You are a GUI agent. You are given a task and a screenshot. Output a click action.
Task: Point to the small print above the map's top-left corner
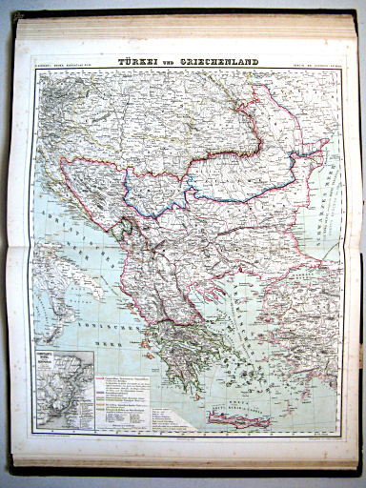[x=57, y=65]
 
